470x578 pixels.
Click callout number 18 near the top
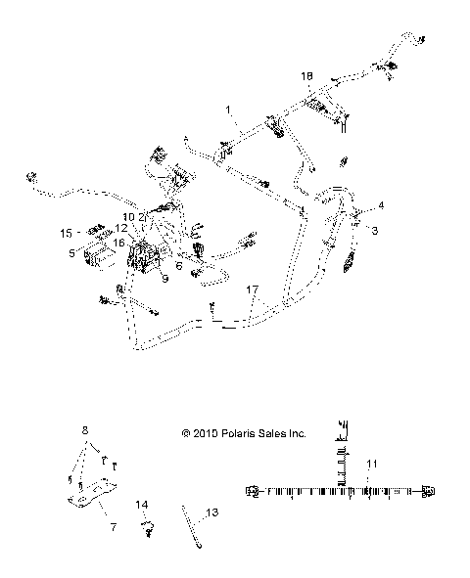[307, 75]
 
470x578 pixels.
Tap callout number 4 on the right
[381, 204]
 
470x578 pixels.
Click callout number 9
[165, 278]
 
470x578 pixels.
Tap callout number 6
[179, 263]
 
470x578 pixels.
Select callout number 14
[142, 505]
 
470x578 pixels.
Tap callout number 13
[212, 511]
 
